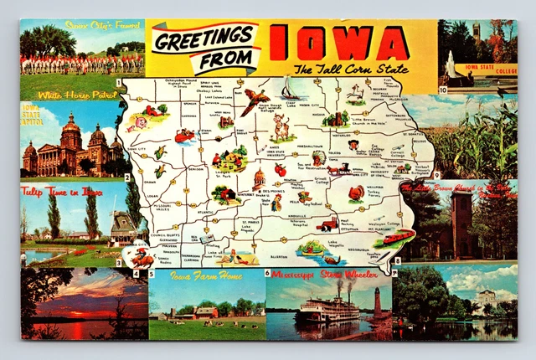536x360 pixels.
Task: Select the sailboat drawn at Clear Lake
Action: point(290,87)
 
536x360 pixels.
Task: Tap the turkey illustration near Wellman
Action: point(358,193)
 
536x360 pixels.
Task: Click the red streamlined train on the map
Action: point(394,238)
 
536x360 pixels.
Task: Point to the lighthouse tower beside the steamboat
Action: point(378,301)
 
